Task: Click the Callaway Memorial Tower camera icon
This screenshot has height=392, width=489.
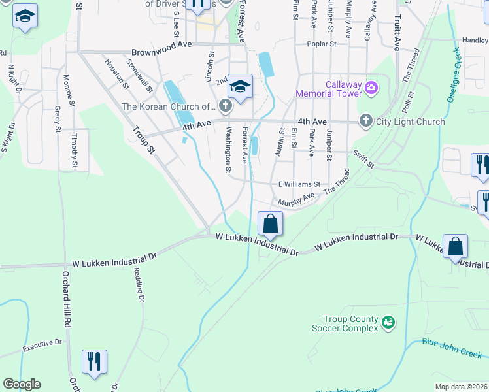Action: (x=371, y=88)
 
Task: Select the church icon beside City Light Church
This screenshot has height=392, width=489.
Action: (x=365, y=121)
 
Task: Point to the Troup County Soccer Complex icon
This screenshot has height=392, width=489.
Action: (x=388, y=321)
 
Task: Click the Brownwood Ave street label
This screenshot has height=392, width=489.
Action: (x=161, y=52)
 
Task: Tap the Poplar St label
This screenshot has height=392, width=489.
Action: (x=322, y=44)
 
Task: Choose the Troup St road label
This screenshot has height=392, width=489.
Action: (x=141, y=141)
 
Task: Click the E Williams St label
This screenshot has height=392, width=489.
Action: (x=299, y=185)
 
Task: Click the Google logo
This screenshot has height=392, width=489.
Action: (x=21, y=384)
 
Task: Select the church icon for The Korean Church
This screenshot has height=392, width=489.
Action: (x=226, y=105)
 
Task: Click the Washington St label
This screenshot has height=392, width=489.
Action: (x=228, y=150)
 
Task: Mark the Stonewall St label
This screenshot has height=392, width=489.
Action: (x=140, y=76)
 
